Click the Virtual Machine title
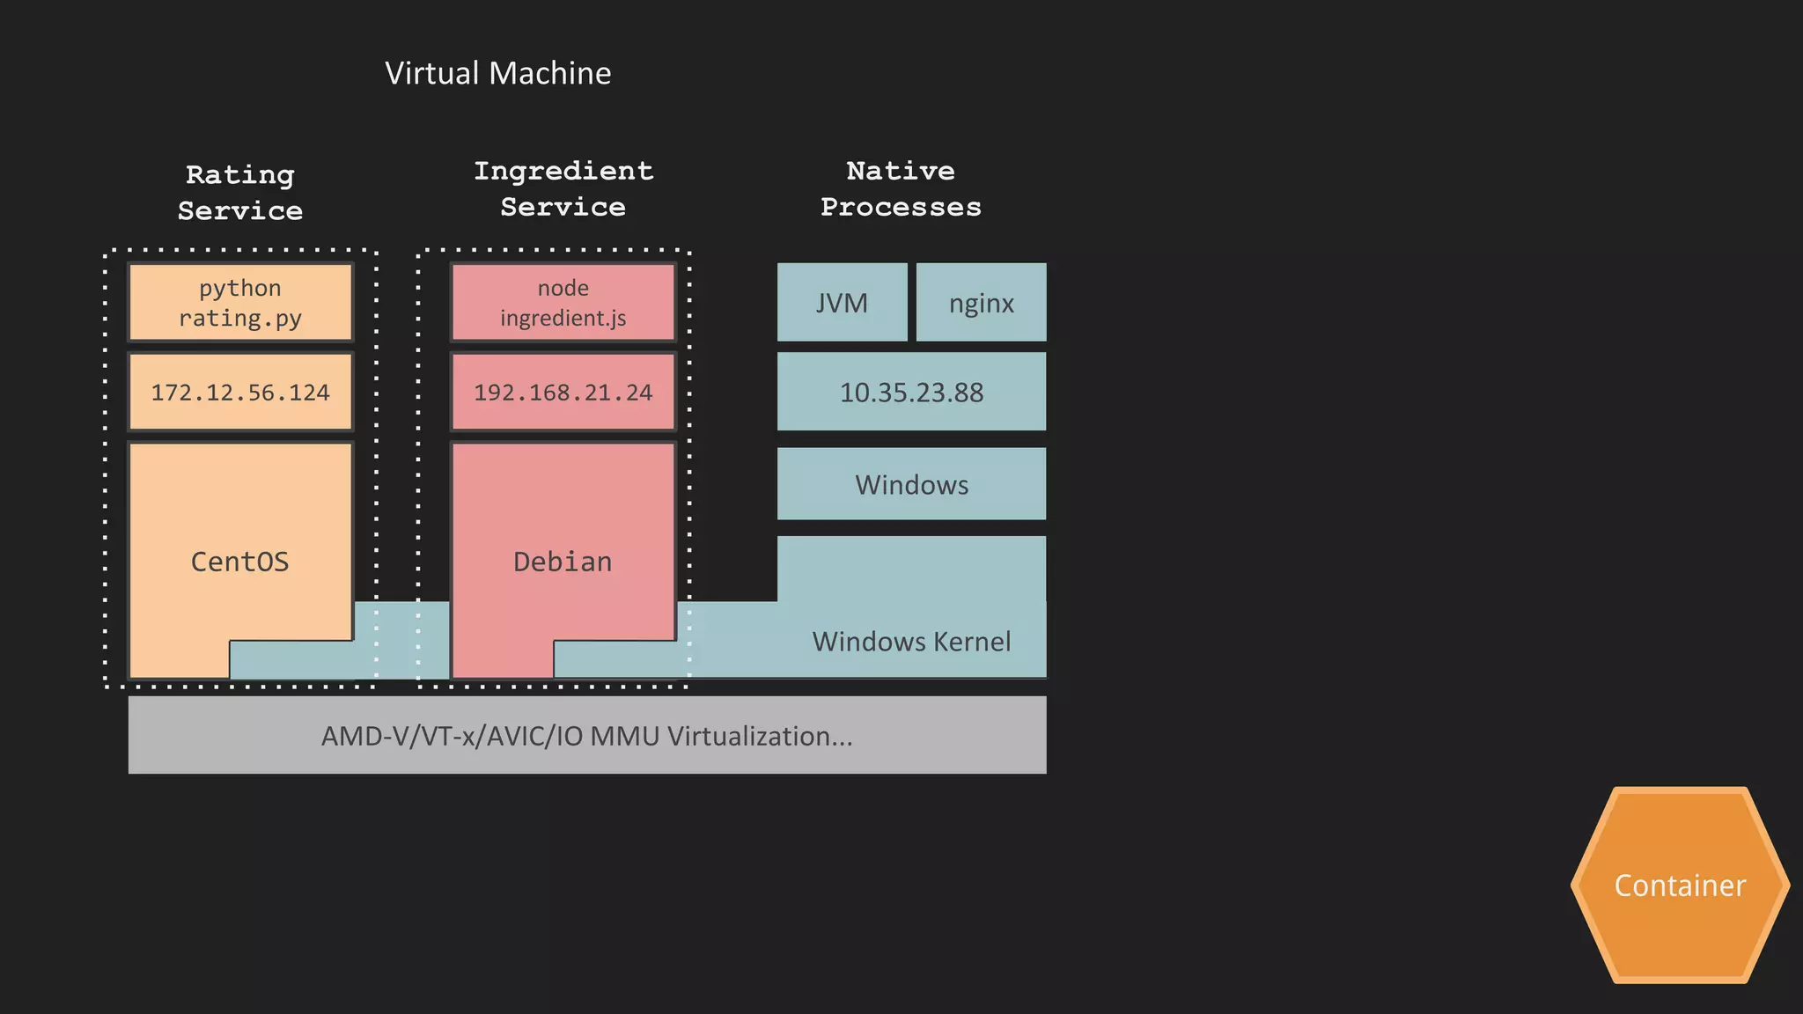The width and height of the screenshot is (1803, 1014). point(497,73)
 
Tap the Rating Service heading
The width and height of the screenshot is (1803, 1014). point(239,193)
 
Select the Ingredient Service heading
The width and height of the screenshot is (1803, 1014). point(563,188)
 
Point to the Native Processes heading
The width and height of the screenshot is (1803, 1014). point(901,188)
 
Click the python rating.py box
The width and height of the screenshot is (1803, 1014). point(240,302)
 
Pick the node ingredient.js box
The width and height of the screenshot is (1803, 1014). point(563,302)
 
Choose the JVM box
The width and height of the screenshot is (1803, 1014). point(842,303)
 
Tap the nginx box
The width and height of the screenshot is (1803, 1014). point(982,303)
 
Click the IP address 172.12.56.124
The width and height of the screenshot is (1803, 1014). point(240,393)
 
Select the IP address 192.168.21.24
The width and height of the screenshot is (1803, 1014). point(563,393)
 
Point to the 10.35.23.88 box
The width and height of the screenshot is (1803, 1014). point(911,393)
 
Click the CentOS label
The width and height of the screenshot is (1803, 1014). point(239,562)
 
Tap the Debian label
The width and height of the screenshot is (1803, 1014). point(563,562)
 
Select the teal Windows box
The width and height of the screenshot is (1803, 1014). point(911,484)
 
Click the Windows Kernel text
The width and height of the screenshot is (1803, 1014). point(911,641)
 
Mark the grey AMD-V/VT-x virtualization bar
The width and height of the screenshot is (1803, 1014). point(587,736)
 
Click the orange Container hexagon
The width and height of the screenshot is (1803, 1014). point(1680,885)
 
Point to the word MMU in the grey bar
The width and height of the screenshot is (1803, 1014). point(624,736)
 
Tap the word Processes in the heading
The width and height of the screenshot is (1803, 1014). point(901,208)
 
